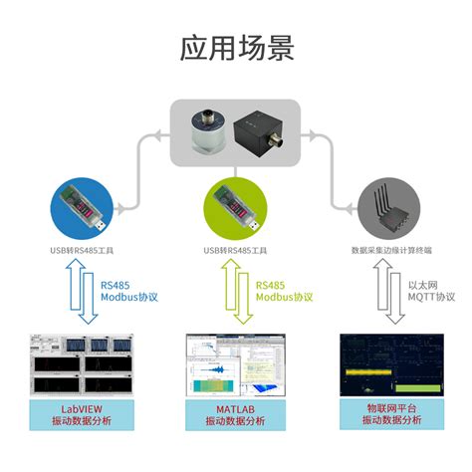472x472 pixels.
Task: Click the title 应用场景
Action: (236, 47)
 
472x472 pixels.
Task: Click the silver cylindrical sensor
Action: (206, 131)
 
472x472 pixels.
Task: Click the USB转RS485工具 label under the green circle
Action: (236, 250)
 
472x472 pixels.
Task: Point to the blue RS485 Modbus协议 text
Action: (129, 290)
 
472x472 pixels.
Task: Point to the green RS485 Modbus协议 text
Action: (285, 290)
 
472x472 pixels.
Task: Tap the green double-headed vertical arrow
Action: (236, 292)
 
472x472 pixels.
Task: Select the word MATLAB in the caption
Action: (236, 409)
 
